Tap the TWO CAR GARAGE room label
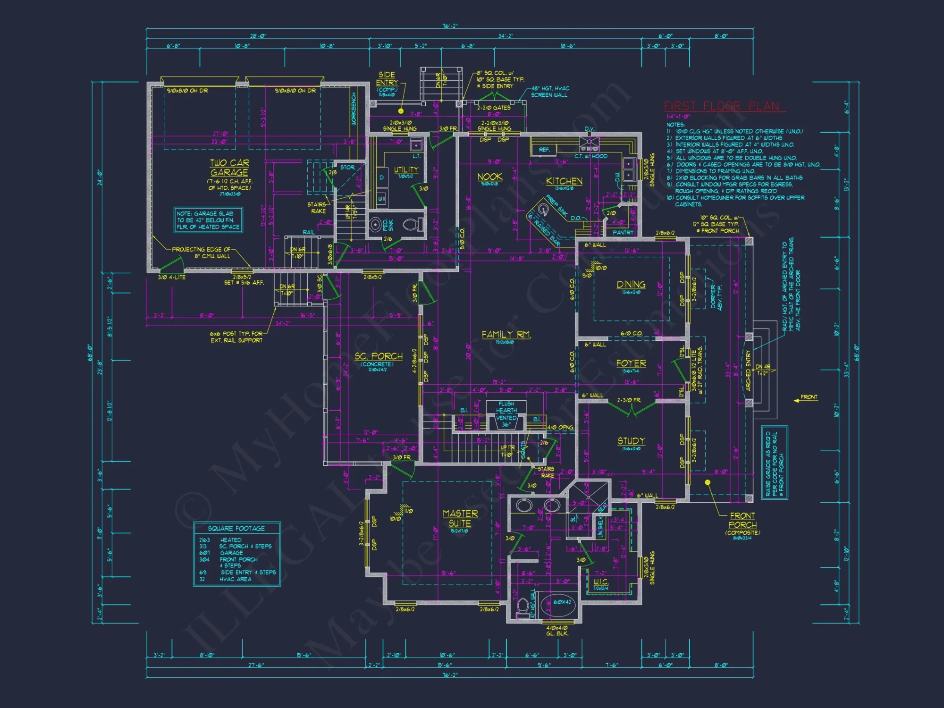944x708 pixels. tap(229, 168)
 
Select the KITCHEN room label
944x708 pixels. tap(564, 181)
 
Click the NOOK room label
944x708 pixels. tap(489, 177)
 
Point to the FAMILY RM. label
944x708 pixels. tap(506, 334)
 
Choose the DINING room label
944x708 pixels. tap(631, 284)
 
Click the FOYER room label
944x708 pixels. tap(631, 363)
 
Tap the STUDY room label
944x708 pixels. tap(631, 441)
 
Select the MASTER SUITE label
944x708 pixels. tap(460, 518)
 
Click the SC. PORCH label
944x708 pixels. tap(379, 356)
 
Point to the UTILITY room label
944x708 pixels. tap(406, 169)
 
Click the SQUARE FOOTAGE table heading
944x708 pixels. tap(236, 528)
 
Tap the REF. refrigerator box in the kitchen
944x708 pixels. tap(544, 150)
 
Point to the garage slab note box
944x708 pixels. tap(208, 220)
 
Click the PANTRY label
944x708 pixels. tap(623, 232)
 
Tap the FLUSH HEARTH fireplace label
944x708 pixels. tap(506, 407)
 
